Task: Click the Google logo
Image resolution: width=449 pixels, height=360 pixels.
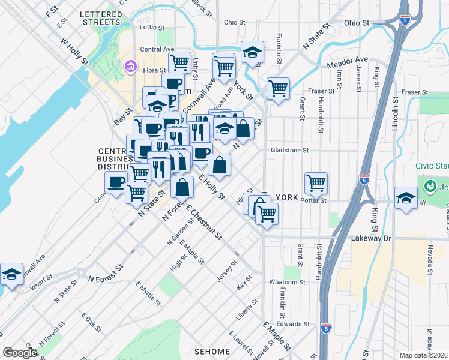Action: click(20, 353)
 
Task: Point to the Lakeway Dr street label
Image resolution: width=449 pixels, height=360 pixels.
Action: click(371, 238)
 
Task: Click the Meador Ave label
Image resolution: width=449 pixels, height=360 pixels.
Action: click(347, 60)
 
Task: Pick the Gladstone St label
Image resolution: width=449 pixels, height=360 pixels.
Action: click(289, 151)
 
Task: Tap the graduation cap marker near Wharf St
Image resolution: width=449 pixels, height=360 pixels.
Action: click(11, 274)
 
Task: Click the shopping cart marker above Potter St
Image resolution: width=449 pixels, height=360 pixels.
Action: click(316, 182)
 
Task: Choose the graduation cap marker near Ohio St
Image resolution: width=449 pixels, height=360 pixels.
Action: click(253, 52)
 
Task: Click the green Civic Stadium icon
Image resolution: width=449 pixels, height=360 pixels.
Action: click(430, 186)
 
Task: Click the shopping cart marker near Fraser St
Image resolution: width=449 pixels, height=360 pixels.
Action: click(278, 89)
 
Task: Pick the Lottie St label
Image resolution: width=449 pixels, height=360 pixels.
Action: click(151, 28)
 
